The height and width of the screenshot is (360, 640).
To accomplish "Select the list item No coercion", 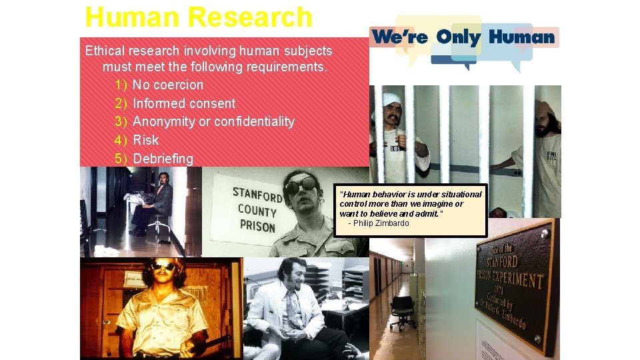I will pyautogui.click(x=168, y=85).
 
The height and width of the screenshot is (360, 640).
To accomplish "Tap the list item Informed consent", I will pyautogui.click(x=184, y=103).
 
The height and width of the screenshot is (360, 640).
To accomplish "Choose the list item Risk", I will pyautogui.click(x=146, y=140).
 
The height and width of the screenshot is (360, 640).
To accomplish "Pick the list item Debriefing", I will pyautogui.click(x=163, y=159).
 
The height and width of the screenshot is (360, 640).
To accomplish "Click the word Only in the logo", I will pyautogui.click(x=459, y=37).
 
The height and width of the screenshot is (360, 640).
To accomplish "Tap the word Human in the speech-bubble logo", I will pyautogui.click(x=521, y=37).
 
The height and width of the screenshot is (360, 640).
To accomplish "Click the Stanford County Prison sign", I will pyautogui.click(x=257, y=211).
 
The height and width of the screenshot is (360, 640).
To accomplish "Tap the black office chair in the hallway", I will pyautogui.click(x=402, y=310).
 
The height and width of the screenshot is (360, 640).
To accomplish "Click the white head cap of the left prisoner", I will pyautogui.click(x=391, y=99).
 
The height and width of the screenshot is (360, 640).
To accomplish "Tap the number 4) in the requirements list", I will pyautogui.click(x=121, y=140).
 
